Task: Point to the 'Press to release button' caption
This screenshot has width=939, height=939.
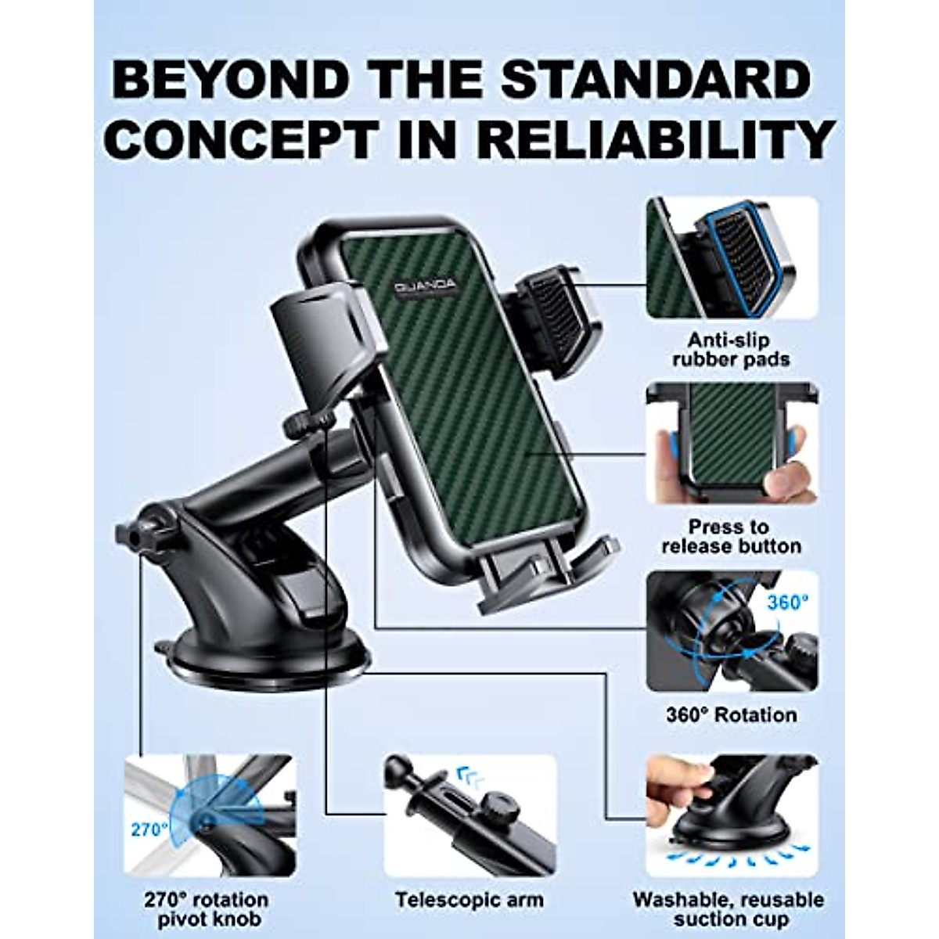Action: point(730,536)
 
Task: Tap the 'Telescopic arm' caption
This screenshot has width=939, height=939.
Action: point(469,900)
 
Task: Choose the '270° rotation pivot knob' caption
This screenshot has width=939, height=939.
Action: point(206,909)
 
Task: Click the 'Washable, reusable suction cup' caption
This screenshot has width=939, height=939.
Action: point(729,909)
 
